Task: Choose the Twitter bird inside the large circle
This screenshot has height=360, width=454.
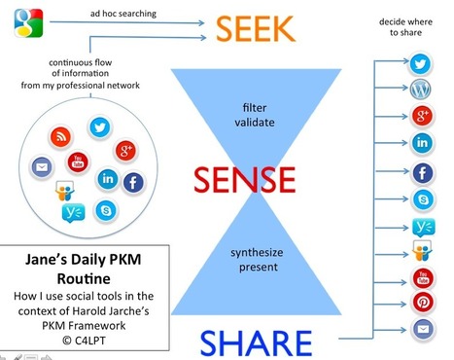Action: [x=99, y=126]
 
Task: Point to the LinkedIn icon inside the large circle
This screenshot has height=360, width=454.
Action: [x=108, y=179]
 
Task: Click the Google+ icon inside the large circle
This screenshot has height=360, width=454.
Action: [x=124, y=150]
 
